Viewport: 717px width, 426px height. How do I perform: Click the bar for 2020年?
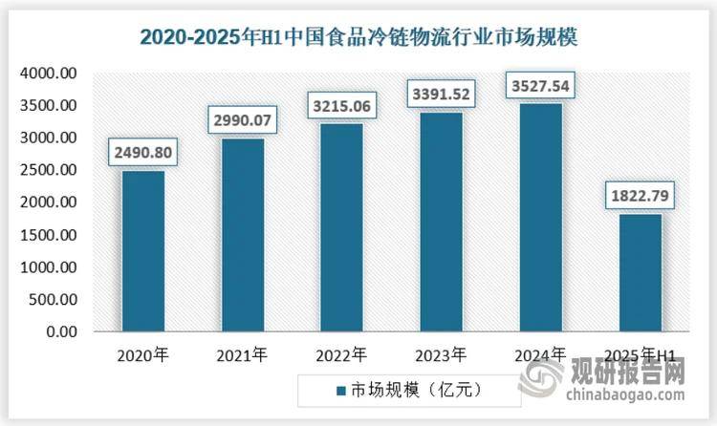(143, 252)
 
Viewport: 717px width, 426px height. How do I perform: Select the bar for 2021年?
(242, 236)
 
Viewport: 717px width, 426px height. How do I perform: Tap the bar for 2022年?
(341, 228)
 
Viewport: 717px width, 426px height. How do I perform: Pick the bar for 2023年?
(441, 223)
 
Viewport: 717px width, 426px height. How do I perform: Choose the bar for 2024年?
(540, 218)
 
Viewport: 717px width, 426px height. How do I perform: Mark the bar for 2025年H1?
(640, 273)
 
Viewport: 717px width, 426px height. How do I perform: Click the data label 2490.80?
(143, 152)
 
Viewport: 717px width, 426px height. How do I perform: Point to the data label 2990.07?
(243, 119)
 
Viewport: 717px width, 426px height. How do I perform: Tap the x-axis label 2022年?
(341, 356)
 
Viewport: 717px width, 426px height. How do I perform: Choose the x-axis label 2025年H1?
(640, 356)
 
